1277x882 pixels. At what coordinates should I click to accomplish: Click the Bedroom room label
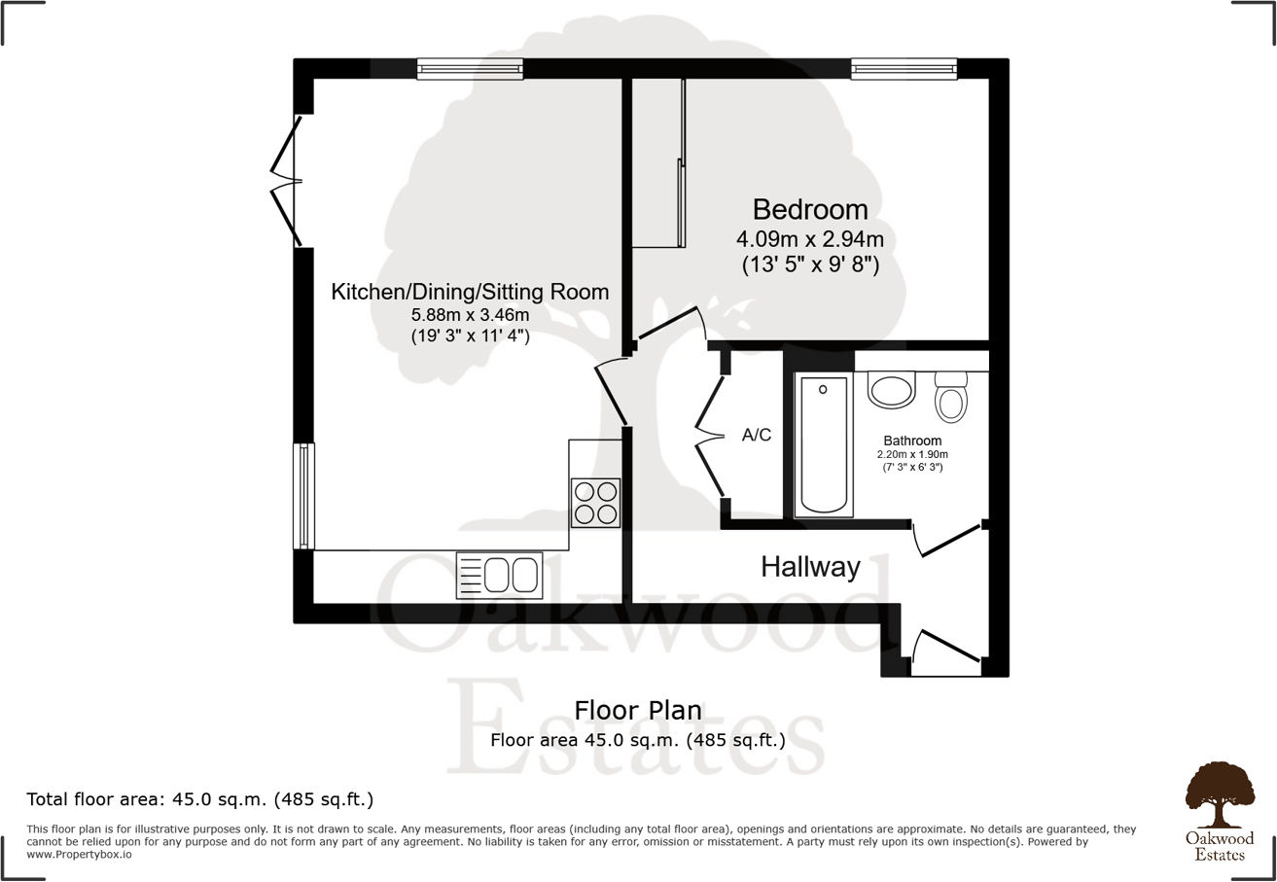coord(810,209)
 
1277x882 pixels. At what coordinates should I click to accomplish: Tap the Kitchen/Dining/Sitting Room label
coord(470,292)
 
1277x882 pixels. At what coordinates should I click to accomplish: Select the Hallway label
coord(810,567)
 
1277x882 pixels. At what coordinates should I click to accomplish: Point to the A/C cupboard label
coord(757,435)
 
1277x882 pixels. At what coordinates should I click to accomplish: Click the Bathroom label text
coord(912,441)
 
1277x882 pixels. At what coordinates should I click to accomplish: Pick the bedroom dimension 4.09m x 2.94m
coord(810,238)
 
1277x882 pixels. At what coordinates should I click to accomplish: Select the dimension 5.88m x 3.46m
coord(470,314)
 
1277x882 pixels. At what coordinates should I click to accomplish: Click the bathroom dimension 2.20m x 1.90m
coord(912,454)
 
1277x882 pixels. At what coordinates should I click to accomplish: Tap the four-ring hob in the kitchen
coord(595,504)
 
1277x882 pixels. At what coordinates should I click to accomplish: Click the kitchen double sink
coord(499,575)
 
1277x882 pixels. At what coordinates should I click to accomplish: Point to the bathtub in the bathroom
coord(823,445)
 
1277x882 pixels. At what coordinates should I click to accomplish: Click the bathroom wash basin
coord(892,391)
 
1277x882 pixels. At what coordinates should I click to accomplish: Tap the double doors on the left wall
coord(284,181)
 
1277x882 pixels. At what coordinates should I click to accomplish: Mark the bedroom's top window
coord(904,68)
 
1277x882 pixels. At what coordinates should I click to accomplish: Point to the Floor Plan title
coord(638,710)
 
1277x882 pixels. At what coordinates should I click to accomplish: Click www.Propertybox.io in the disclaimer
coord(79,855)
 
